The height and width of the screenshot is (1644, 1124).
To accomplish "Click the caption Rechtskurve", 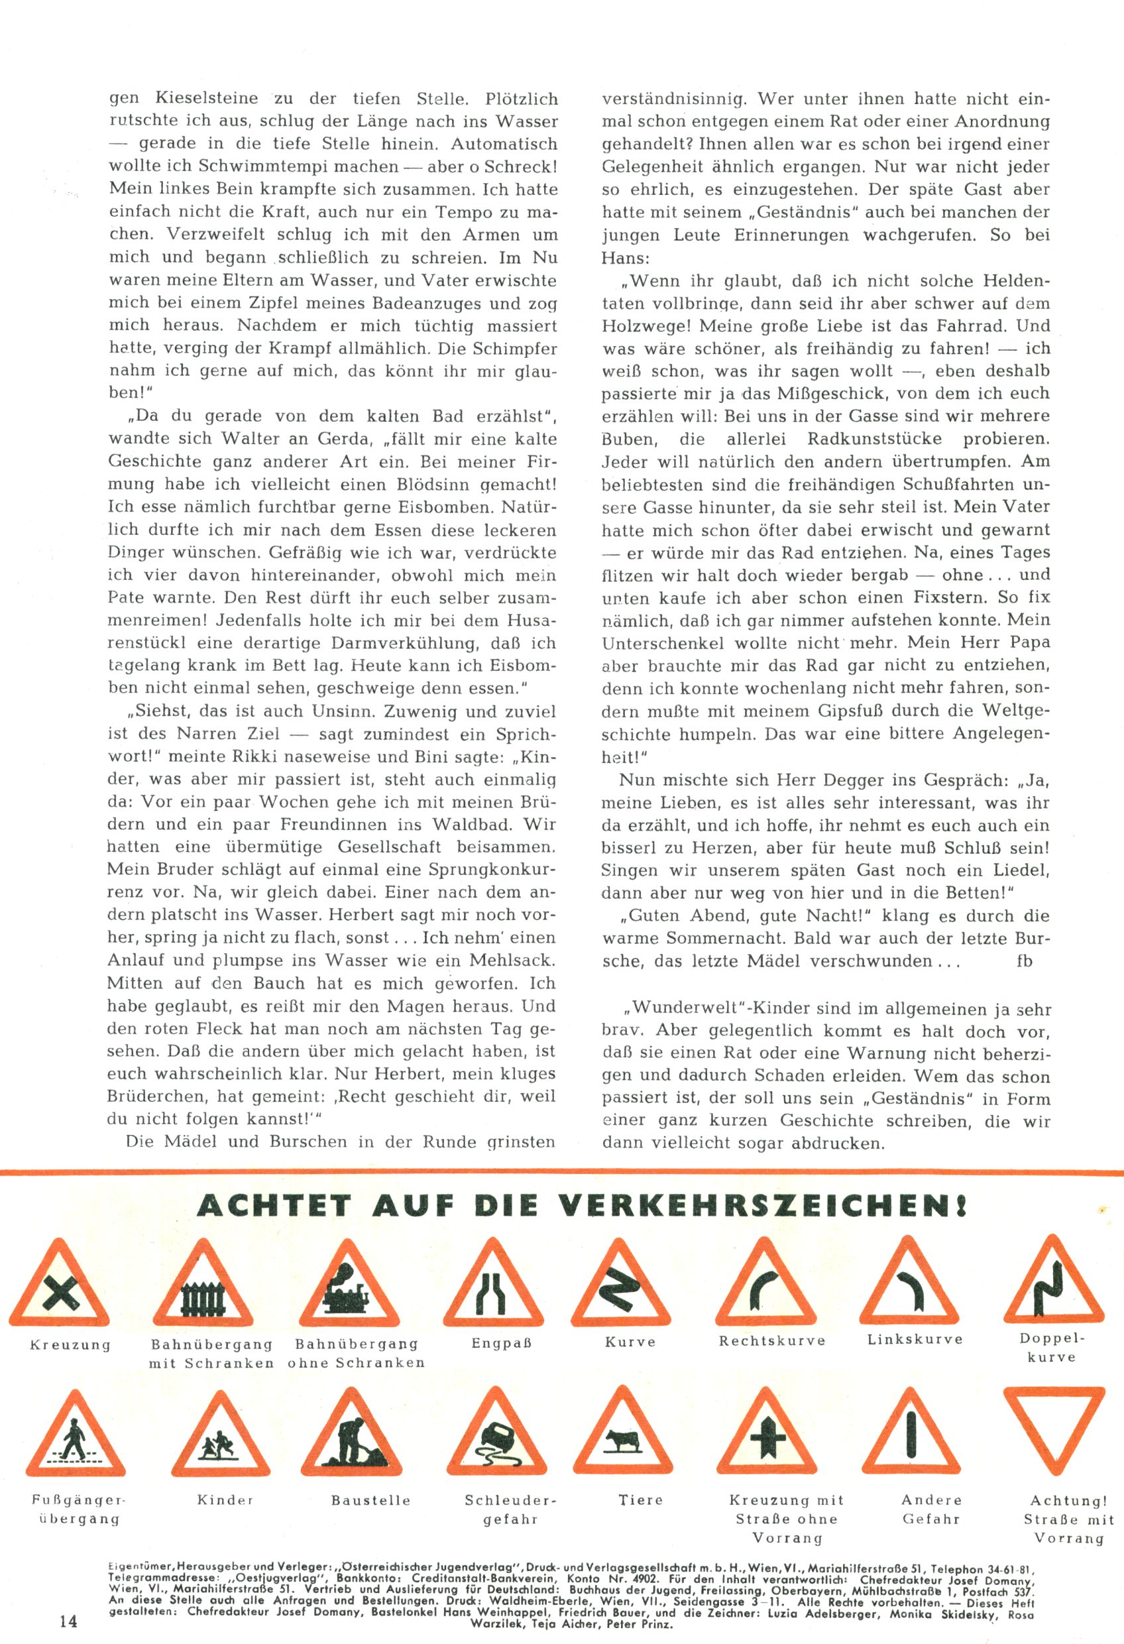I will click(771, 1340).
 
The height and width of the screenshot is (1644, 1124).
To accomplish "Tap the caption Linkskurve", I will click(915, 1339).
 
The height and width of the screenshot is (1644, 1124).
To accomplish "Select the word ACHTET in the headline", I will click(274, 1205).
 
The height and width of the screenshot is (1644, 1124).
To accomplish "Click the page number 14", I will click(69, 1621).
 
